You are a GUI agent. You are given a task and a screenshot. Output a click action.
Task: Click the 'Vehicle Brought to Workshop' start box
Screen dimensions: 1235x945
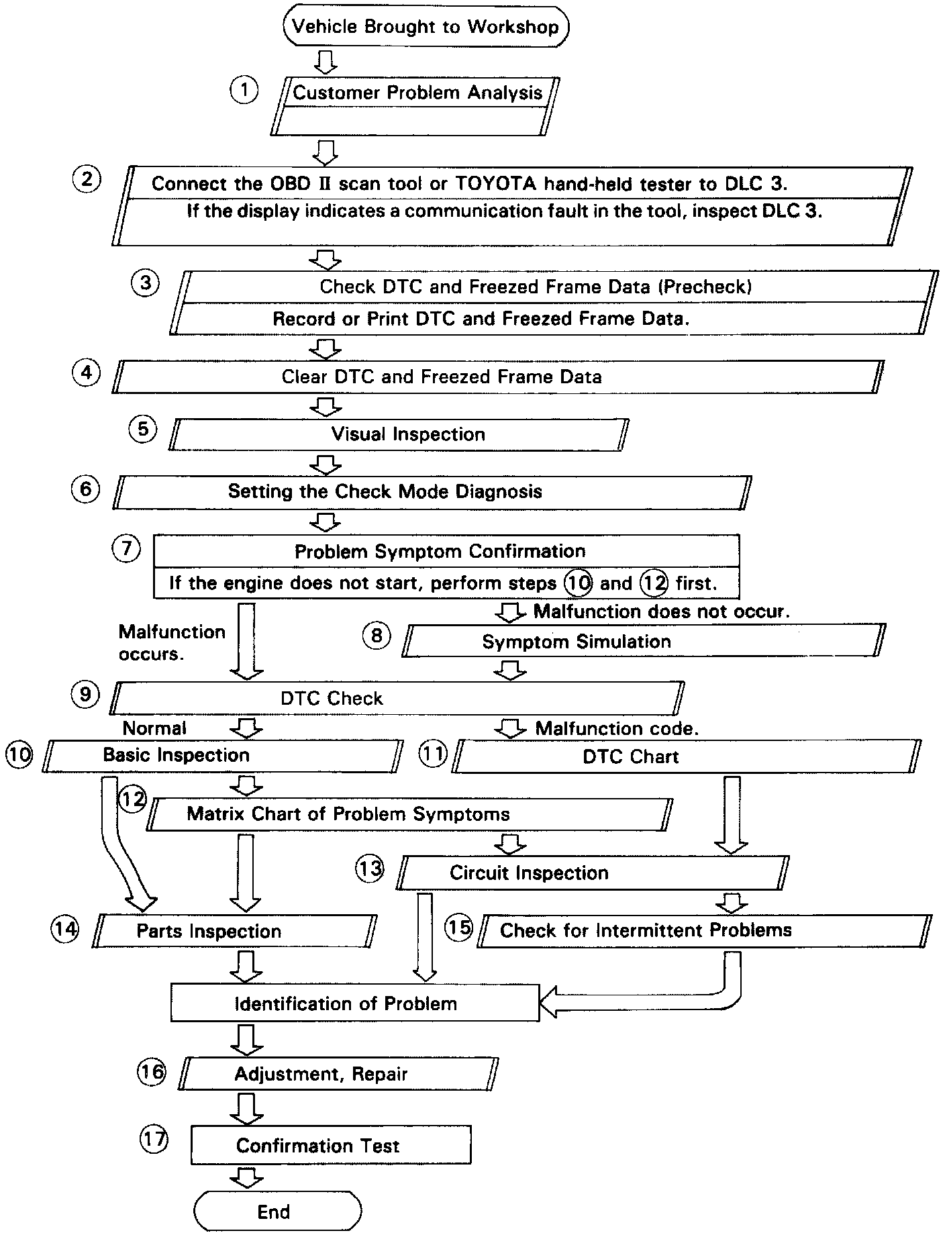(426, 28)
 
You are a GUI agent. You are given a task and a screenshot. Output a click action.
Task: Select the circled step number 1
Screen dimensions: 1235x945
(244, 89)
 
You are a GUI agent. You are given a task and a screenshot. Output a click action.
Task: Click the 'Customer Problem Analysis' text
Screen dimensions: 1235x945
(417, 93)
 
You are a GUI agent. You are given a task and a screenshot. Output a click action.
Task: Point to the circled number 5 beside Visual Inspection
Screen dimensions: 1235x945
(143, 429)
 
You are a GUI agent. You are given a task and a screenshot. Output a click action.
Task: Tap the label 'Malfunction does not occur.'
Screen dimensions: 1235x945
(662, 611)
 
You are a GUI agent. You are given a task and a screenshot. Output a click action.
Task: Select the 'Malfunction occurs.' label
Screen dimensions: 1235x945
(172, 642)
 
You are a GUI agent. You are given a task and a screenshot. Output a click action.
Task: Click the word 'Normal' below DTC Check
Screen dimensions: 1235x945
(154, 728)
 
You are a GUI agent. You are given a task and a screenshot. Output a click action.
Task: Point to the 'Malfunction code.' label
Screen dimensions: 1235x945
(617, 728)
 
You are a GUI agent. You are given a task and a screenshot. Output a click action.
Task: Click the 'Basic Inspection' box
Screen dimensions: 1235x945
(221, 756)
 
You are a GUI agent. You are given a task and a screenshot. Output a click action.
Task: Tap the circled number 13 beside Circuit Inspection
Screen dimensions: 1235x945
(369, 869)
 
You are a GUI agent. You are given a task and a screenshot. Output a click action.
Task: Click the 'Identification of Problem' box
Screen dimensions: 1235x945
(354, 1003)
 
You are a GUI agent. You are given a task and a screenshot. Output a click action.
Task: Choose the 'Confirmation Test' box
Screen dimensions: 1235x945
(330, 1146)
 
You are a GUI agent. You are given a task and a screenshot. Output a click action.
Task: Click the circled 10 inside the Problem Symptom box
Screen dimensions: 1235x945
(577, 583)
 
